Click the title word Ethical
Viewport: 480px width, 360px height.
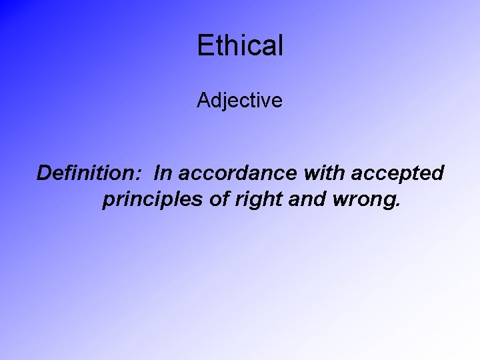[240, 45]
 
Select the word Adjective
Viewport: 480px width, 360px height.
[240, 101]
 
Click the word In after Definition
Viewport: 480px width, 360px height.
[161, 173]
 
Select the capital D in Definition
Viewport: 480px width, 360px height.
[45, 173]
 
